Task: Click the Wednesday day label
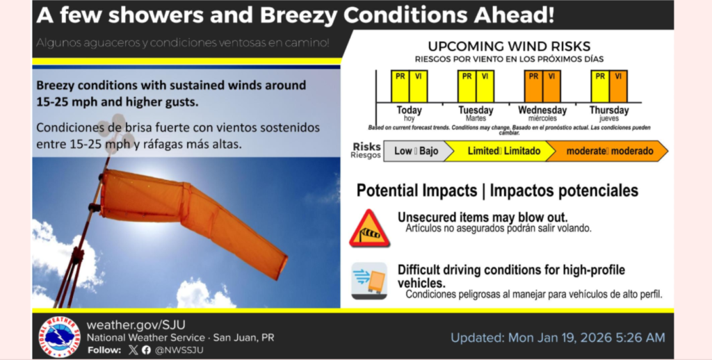click(x=542, y=111)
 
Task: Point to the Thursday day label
click(x=609, y=111)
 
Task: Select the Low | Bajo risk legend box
click(x=415, y=151)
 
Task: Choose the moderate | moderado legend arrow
click(x=608, y=151)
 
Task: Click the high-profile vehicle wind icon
click(x=369, y=280)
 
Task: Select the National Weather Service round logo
click(x=59, y=336)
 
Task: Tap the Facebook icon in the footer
click(x=146, y=350)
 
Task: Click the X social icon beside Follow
click(x=133, y=350)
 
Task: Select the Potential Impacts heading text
click(x=419, y=190)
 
